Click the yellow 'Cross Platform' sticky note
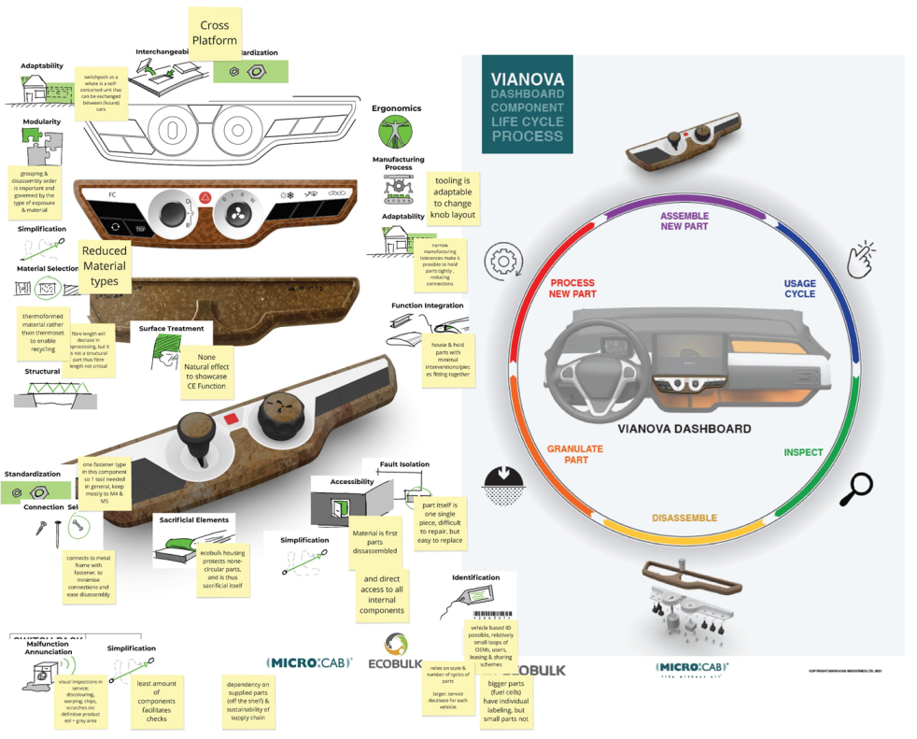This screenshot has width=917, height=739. tap(215, 33)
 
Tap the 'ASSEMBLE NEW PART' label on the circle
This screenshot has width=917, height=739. tap(684, 220)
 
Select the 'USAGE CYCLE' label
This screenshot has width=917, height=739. tap(799, 289)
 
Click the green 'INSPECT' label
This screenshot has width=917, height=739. tap(803, 452)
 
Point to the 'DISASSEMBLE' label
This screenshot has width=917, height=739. tap(684, 518)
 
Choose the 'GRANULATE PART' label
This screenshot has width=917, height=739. tap(575, 454)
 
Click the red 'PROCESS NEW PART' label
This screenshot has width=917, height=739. tap(572, 289)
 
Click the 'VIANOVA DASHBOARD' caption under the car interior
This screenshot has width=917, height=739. tap(684, 429)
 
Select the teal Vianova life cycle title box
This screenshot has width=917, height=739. tap(528, 104)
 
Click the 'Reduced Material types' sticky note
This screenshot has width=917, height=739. tap(105, 266)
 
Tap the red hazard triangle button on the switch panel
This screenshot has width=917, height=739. tap(205, 198)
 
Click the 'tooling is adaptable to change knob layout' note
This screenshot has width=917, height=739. tap(453, 196)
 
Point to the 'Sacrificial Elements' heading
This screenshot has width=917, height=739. tap(194, 519)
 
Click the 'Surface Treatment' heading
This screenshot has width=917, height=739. tap(172, 329)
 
